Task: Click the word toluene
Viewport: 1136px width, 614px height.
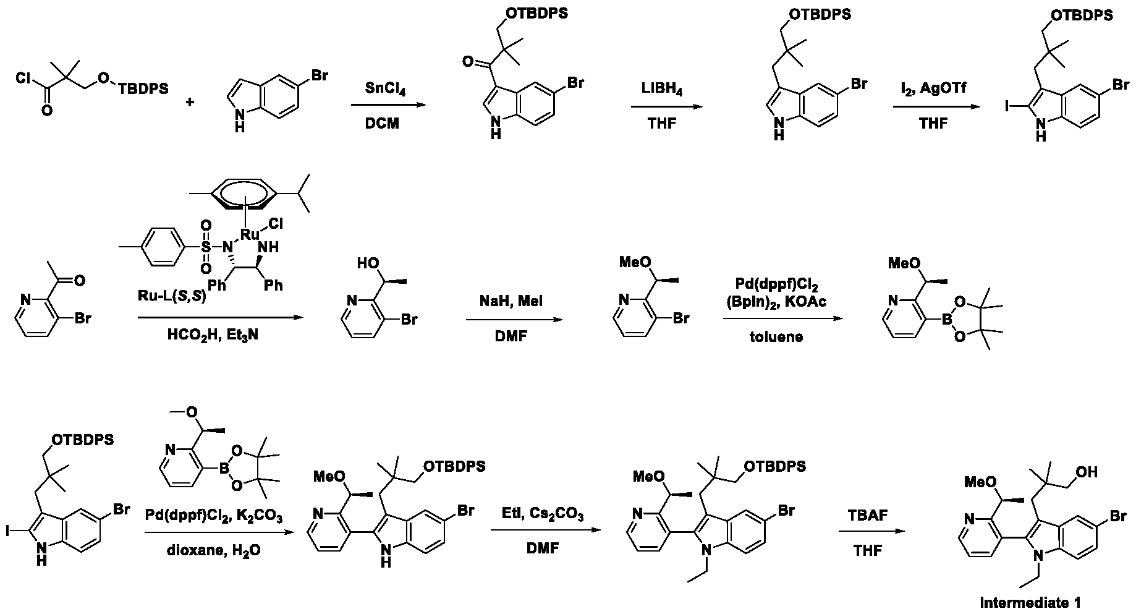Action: coord(781,337)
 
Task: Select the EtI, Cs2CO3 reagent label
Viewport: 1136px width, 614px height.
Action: coord(543,514)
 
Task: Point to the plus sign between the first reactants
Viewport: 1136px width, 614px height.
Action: coord(190,101)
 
